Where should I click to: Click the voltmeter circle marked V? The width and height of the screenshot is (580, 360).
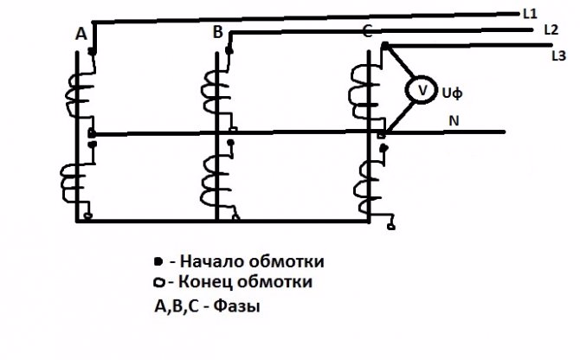421,89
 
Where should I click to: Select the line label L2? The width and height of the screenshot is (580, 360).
551,29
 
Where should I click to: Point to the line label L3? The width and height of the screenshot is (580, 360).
558,56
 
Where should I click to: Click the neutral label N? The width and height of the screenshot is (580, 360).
454,120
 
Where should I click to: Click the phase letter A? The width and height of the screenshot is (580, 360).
81,35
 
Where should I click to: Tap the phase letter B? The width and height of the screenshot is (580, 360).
218,33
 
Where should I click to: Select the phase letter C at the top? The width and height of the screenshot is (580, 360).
368,33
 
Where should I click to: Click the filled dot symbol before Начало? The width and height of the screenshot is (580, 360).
157,260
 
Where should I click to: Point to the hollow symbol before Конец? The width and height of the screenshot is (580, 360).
158,283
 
